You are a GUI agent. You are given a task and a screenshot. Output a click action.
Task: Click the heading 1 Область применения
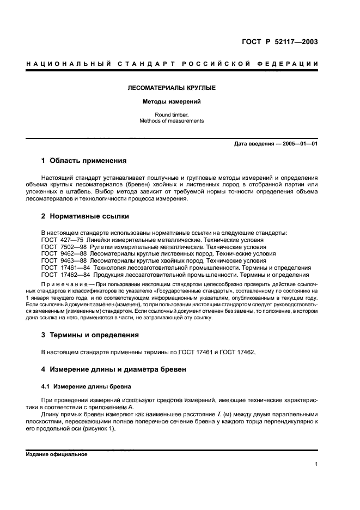(x=84, y=161)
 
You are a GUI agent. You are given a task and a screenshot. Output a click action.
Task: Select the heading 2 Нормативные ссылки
(x=86, y=216)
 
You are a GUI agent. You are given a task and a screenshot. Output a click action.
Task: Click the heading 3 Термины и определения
(x=90, y=335)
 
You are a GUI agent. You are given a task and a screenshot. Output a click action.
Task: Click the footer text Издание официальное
(x=57, y=454)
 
